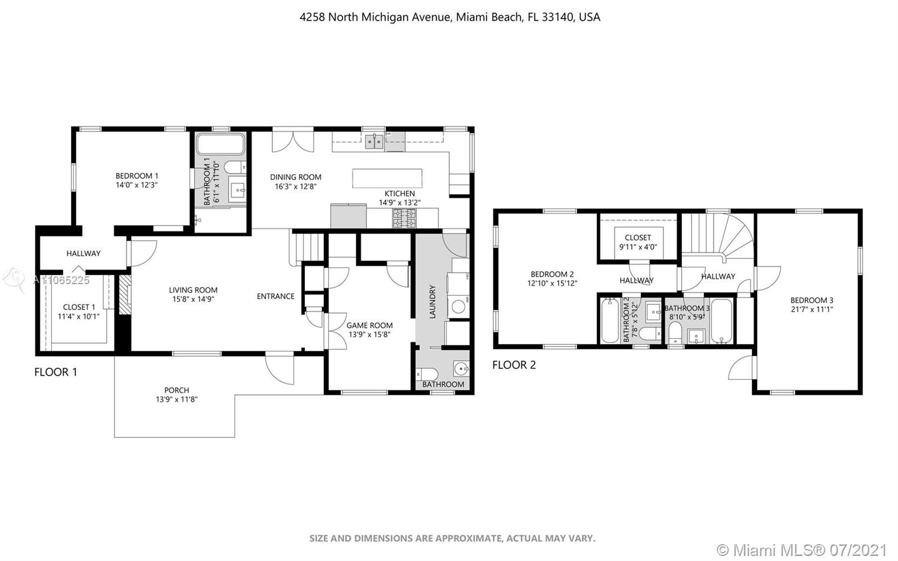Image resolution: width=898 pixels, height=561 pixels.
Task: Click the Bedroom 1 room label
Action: pos(137,176)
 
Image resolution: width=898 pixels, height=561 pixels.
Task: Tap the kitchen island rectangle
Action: pos(387,179)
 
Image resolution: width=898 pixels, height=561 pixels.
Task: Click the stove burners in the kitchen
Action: pos(404,218)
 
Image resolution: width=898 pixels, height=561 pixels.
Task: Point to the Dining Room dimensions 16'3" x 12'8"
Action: pos(296,186)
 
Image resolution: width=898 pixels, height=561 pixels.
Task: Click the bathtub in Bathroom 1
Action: pos(220,144)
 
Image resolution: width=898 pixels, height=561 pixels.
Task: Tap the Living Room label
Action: pos(193,290)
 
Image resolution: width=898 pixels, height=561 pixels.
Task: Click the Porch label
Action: pos(176,390)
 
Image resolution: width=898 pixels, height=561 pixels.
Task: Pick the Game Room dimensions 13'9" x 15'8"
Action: pos(369,335)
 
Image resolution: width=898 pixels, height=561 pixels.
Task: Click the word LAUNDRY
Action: pos(432,302)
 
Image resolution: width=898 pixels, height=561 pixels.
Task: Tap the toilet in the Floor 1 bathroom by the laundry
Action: pos(427,375)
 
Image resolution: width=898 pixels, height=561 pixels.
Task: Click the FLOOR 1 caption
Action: pos(56,372)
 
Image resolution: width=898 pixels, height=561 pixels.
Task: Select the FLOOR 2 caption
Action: pos(514,365)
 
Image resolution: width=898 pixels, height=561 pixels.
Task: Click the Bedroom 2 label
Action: pos(552,274)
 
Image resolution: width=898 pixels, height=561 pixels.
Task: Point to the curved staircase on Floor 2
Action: pos(718,238)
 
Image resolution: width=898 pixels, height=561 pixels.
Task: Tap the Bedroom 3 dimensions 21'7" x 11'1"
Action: pos(812,309)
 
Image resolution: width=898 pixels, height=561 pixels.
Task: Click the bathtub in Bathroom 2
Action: pos(610,321)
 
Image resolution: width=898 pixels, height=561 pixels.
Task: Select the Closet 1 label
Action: pos(79,307)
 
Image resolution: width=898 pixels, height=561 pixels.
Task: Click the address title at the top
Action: pos(450,17)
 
